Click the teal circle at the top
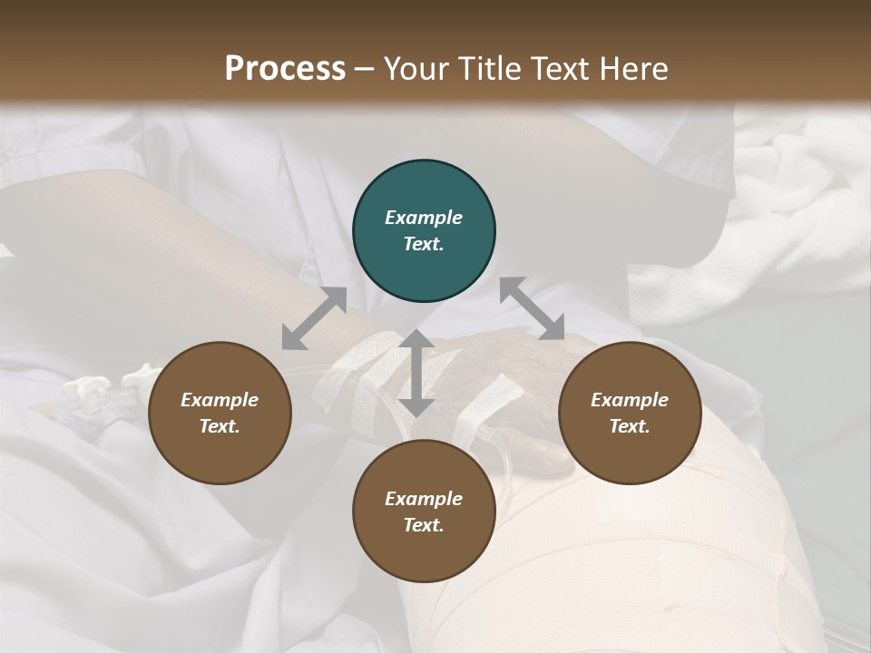coord(424,231)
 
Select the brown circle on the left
coord(220,413)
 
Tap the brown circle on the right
coord(630,413)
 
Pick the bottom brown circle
coord(424,511)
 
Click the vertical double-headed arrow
coord(416,373)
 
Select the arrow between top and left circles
coord(314,318)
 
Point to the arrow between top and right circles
coord(532,308)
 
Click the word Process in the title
coord(285,68)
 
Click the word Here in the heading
coord(633,68)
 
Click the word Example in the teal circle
coord(424,218)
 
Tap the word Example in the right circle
coord(630,400)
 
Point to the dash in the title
coord(365,70)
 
